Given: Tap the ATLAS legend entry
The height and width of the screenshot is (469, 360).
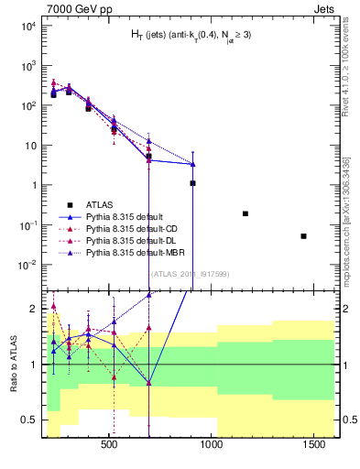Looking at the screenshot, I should tap(103, 204).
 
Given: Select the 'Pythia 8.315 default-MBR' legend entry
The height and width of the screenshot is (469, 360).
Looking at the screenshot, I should tap(137, 251).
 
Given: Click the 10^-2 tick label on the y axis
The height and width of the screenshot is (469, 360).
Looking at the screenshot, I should tap(27, 265).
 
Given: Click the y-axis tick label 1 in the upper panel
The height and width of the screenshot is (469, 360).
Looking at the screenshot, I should tap(32, 185).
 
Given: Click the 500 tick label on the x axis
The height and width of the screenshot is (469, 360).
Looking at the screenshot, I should tap(110, 444).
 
